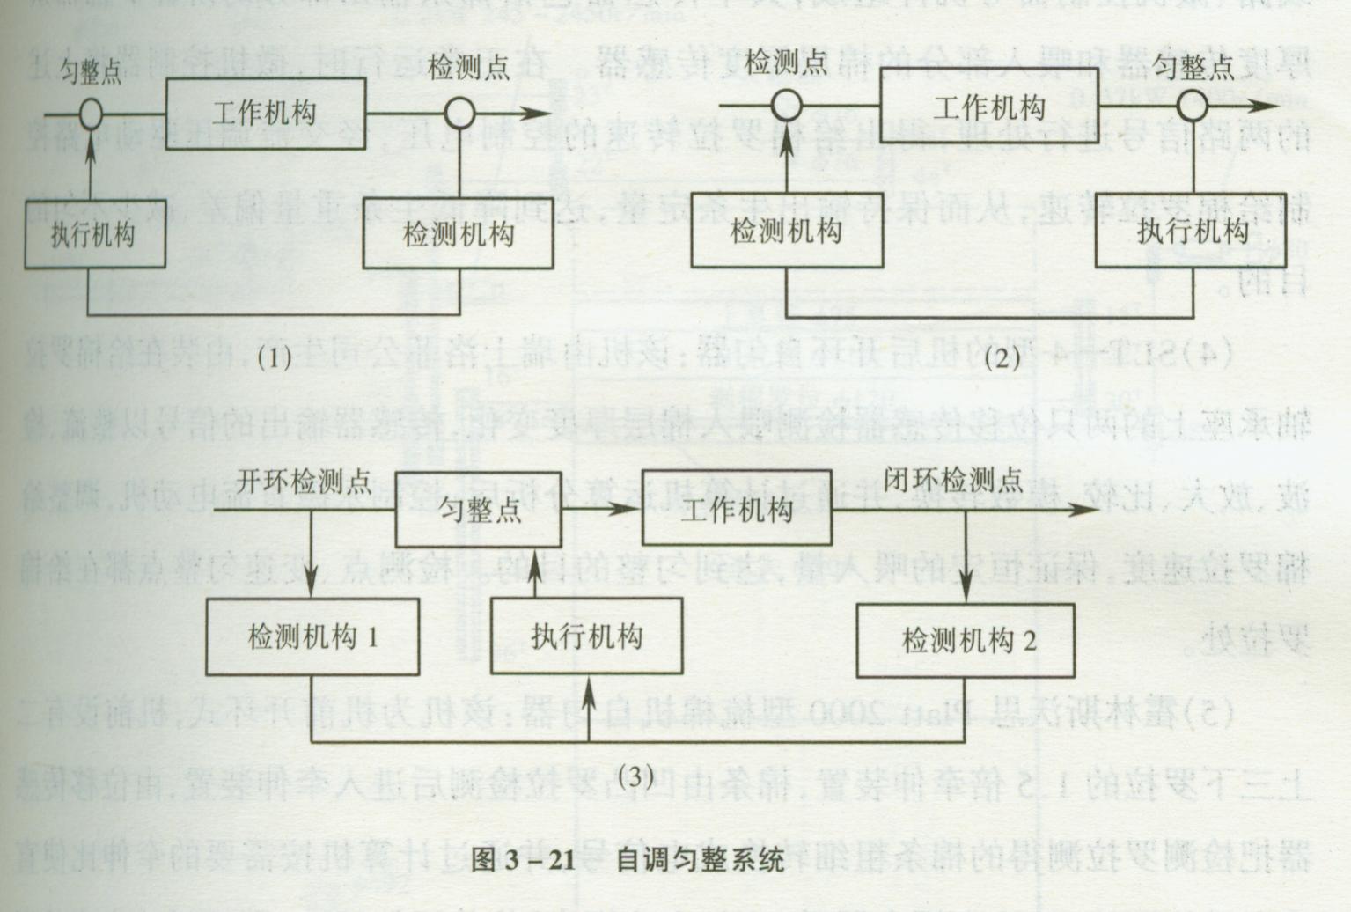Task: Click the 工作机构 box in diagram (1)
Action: pyautogui.click(x=266, y=114)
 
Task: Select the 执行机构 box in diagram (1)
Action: pyautogui.click(x=95, y=234)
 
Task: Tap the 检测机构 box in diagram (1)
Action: pyautogui.click(x=459, y=233)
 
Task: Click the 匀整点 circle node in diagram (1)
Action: pyautogui.click(x=91, y=114)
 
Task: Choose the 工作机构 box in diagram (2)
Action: pyautogui.click(x=989, y=107)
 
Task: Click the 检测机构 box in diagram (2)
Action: pyautogui.click(x=787, y=231)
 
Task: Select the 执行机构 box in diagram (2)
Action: pyautogui.click(x=1191, y=231)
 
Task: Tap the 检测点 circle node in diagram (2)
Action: pyautogui.click(x=787, y=106)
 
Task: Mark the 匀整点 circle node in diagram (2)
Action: pyautogui.click(x=1193, y=106)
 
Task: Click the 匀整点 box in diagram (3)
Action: pyautogui.click(x=479, y=510)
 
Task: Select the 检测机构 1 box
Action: pyautogui.click(x=312, y=637)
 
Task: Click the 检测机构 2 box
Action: pyautogui.click(x=966, y=641)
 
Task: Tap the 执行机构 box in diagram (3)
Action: pyautogui.click(x=587, y=636)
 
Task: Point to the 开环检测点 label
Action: pyautogui.click(x=304, y=482)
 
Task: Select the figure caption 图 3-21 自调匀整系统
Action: pyautogui.click(x=628, y=859)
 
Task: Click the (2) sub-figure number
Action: pyautogui.click(x=1002, y=357)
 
